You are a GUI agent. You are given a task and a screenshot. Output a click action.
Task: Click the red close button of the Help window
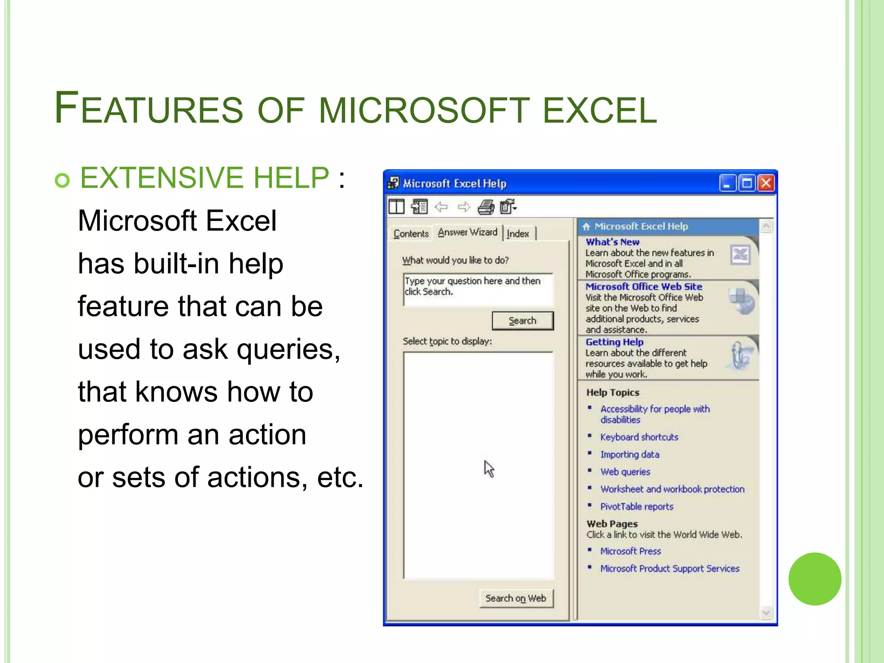pos(766,183)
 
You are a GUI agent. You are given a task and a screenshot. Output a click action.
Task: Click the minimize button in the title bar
pos(727,183)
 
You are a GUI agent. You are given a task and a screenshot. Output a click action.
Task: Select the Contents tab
pos(411,234)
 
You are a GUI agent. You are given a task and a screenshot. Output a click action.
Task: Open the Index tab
pos(518,234)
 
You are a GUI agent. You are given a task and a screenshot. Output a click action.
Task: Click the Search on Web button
pos(516,598)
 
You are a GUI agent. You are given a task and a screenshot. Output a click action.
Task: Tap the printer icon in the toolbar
pos(486,207)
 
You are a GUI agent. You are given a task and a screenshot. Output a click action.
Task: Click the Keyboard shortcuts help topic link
pos(639,437)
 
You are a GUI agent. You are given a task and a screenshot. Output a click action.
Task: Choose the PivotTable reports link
pos(637,507)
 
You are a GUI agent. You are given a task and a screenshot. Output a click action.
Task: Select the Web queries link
pos(625,472)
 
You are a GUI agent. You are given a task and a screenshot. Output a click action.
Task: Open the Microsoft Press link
pos(631,551)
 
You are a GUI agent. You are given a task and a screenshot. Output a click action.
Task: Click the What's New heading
pos(612,242)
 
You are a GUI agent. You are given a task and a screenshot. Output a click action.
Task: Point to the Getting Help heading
pos(614,342)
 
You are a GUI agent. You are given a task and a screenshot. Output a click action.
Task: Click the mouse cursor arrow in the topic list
pos(489,468)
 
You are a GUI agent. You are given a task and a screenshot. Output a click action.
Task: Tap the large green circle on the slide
pos(815,579)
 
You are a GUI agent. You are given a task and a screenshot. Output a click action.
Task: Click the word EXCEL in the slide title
pos(600,110)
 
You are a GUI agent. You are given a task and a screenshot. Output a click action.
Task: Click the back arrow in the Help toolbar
pos(441,207)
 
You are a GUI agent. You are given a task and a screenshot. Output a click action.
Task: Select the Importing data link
pos(630,455)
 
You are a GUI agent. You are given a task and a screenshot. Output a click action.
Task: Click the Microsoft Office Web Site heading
pos(644,287)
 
